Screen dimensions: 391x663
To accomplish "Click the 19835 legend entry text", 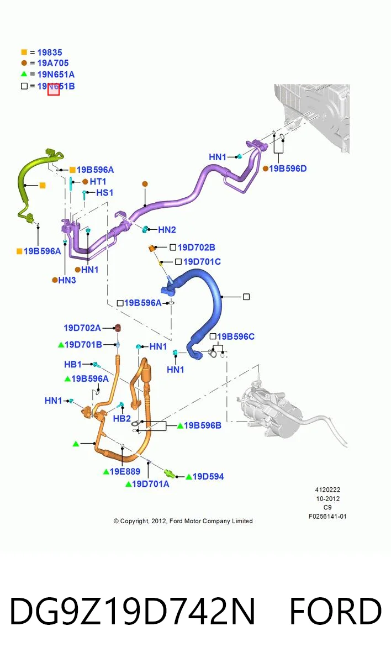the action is tap(50, 52).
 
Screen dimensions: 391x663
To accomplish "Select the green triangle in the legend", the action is tap(24, 73).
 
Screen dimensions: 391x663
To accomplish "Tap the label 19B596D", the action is tap(288, 169).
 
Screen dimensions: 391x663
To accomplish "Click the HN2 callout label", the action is tap(167, 230).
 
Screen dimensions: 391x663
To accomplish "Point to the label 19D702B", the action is tap(197, 248).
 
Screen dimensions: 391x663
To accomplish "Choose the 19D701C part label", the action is tap(202, 262).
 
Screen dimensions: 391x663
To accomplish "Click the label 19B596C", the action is tap(236, 336).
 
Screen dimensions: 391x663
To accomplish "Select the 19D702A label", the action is tap(82, 328).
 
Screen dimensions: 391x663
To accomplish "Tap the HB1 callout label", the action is tap(73, 364).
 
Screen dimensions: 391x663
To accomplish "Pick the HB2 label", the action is tap(122, 419).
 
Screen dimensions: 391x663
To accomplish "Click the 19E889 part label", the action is tap(125, 471).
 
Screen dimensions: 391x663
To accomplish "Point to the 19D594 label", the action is tap(208, 476).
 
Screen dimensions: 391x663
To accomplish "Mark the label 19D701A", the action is tap(151, 484).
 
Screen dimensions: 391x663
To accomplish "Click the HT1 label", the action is tap(98, 181).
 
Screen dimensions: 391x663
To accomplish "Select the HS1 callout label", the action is tap(105, 193).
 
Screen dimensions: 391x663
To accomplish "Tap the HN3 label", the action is tap(67, 280).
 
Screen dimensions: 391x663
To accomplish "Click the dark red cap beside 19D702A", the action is tap(118, 328).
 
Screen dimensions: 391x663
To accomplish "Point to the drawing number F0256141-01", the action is tap(327, 516).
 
